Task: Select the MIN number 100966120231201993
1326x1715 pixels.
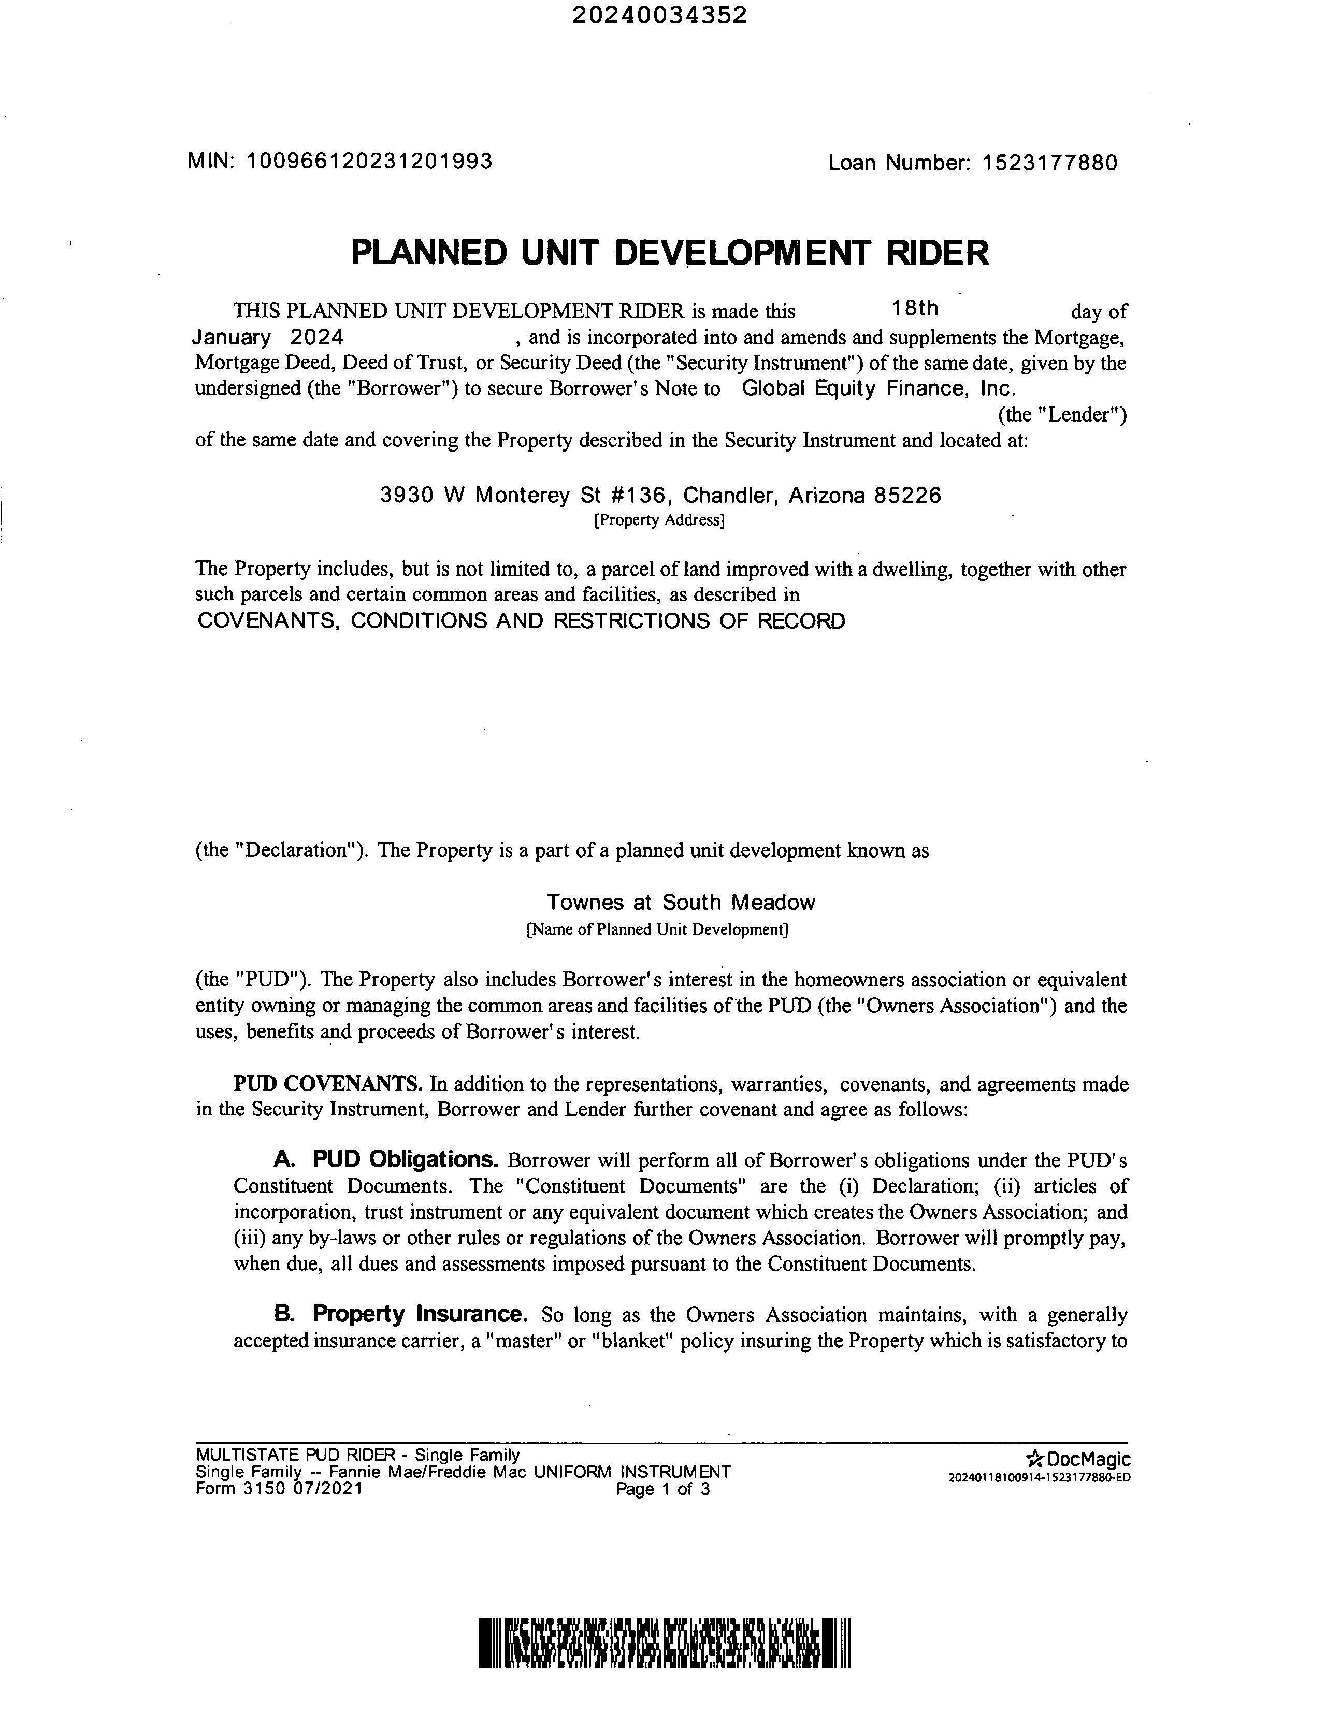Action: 369,161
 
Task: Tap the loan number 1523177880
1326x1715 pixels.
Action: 1049,163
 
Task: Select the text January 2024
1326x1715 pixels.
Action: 268,338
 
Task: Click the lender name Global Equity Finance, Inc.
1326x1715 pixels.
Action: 879,388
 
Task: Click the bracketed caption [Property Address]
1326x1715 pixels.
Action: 659,520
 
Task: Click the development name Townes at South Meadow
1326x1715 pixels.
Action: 680,902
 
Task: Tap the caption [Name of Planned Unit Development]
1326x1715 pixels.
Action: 657,930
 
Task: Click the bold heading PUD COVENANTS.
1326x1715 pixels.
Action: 328,1084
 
